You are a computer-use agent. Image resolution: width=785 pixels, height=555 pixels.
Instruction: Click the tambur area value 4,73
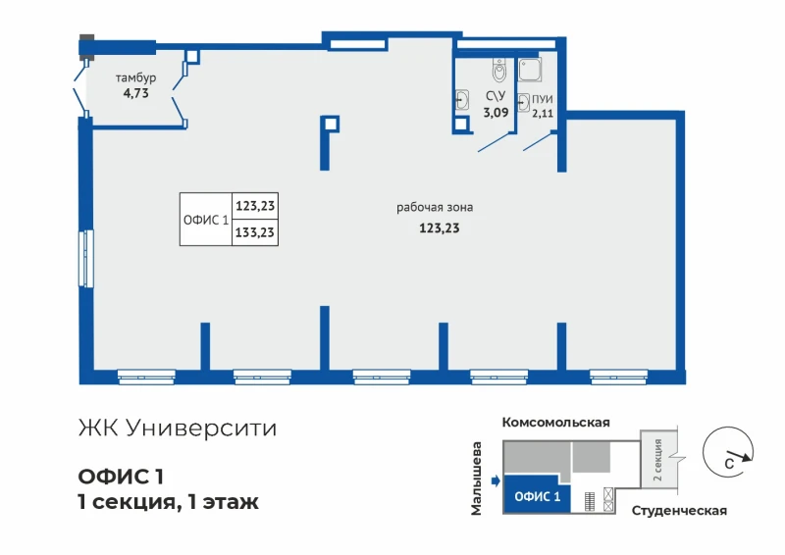[136, 93]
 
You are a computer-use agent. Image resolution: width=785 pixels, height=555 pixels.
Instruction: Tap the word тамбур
[136, 78]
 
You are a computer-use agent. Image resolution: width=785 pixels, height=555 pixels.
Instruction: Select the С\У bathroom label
[496, 96]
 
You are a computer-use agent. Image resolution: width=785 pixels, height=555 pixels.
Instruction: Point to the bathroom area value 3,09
[496, 112]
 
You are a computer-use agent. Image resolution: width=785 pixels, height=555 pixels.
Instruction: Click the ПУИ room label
[543, 99]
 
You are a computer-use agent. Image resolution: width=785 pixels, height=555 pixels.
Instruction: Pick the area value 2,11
[543, 113]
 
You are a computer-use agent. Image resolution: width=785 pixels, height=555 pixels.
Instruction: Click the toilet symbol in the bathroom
[499, 70]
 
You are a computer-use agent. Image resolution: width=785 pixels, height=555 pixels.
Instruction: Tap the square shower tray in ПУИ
[530, 70]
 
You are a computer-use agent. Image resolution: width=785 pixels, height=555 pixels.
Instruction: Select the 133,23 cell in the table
[255, 232]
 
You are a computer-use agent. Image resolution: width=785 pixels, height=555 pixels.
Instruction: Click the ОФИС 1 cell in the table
[206, 220]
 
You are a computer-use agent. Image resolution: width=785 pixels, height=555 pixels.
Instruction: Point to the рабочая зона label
[435, 207]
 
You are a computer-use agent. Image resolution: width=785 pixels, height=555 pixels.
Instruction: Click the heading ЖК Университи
[178, 429]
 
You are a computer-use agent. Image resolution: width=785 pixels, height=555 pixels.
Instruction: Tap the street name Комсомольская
[555, 423]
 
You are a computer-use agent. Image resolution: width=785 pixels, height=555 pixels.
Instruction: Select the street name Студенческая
[679, 511]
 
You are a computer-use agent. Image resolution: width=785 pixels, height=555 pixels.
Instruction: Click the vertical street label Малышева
[476, 479]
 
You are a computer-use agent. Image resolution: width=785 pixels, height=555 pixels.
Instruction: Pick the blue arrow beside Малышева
[496, 481]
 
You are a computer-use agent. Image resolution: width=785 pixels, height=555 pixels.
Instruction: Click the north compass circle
[728, 452]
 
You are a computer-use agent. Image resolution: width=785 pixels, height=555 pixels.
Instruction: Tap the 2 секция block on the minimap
[658, 458]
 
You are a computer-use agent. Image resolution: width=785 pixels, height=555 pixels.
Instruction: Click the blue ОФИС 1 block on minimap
[537, 494]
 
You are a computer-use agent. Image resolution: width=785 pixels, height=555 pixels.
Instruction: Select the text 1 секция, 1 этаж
[168, 501]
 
